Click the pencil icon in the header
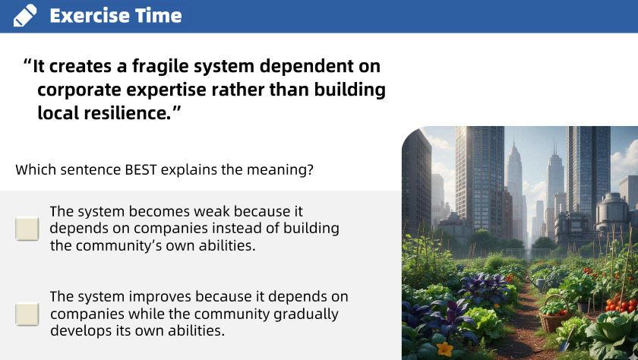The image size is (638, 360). pos(25,16)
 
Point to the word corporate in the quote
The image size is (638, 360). pos(79,90)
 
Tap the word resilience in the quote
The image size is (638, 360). pos(128,112)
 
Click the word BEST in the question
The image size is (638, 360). pos(141,169)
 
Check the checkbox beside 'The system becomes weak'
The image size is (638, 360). pos(27,229)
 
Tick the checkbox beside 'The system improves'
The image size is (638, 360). pos(27,314)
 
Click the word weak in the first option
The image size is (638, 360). pos(212,212)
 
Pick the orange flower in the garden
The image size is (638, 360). pos(444,349)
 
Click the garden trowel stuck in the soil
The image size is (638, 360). pos(567,339)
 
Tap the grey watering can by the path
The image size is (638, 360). pos(537,283)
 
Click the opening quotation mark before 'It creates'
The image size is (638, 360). pos(27,62)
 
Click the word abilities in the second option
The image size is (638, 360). pos(197,330)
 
